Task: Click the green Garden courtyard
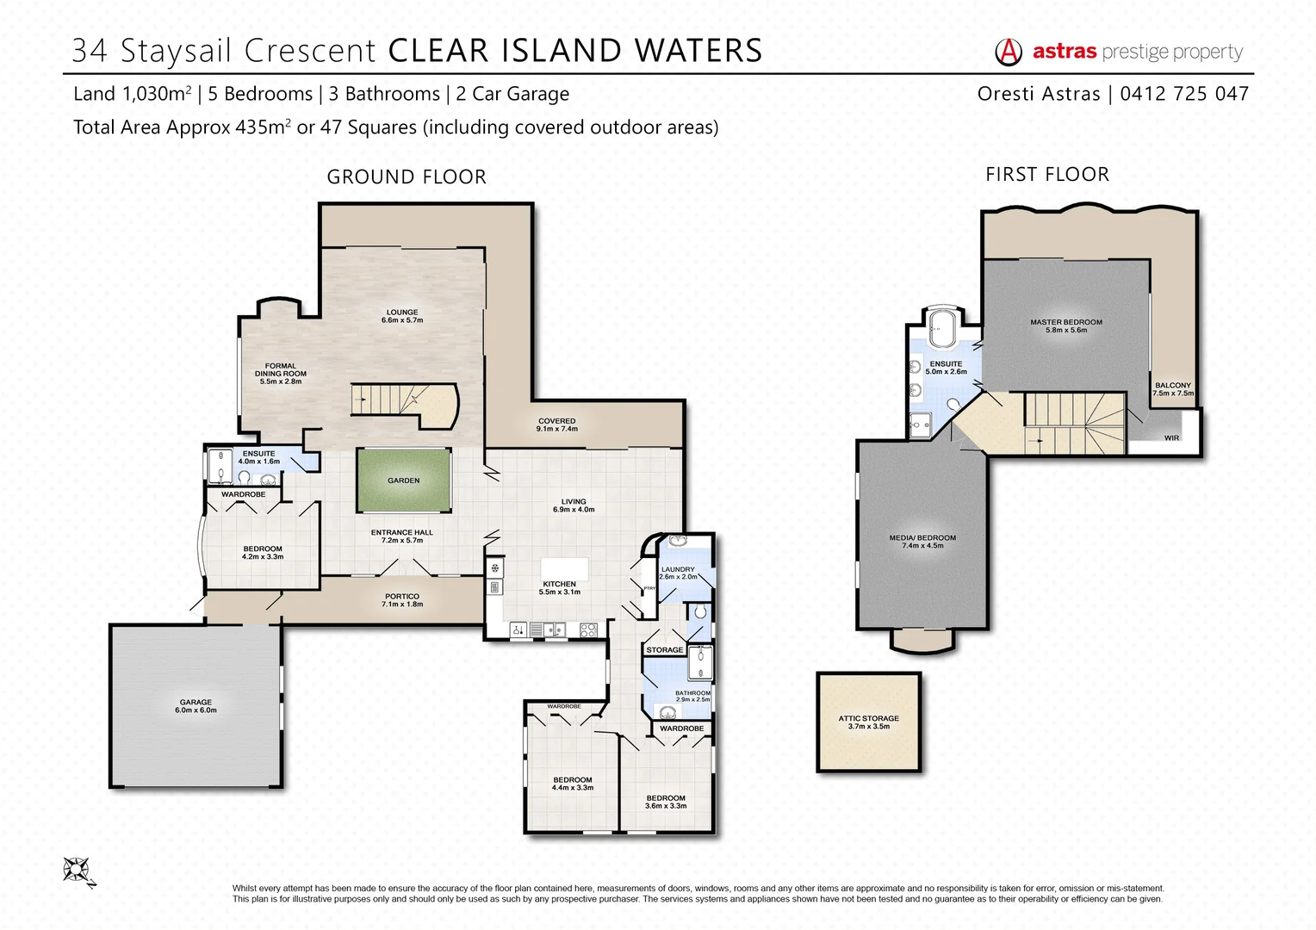403,480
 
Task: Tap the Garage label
196,706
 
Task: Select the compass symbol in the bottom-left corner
78,870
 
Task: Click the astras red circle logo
1009,53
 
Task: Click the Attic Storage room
868,722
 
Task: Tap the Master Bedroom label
1065,325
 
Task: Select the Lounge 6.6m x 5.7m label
402,316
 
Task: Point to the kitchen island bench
564,569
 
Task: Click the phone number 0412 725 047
1184,94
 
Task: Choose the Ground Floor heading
407,177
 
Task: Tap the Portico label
402,599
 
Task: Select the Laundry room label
678,573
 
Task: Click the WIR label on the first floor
1171,438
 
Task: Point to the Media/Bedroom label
922,541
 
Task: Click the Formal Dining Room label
281,373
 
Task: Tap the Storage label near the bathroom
664,650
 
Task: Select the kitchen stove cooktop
588,629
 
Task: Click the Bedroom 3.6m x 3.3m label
666,802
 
